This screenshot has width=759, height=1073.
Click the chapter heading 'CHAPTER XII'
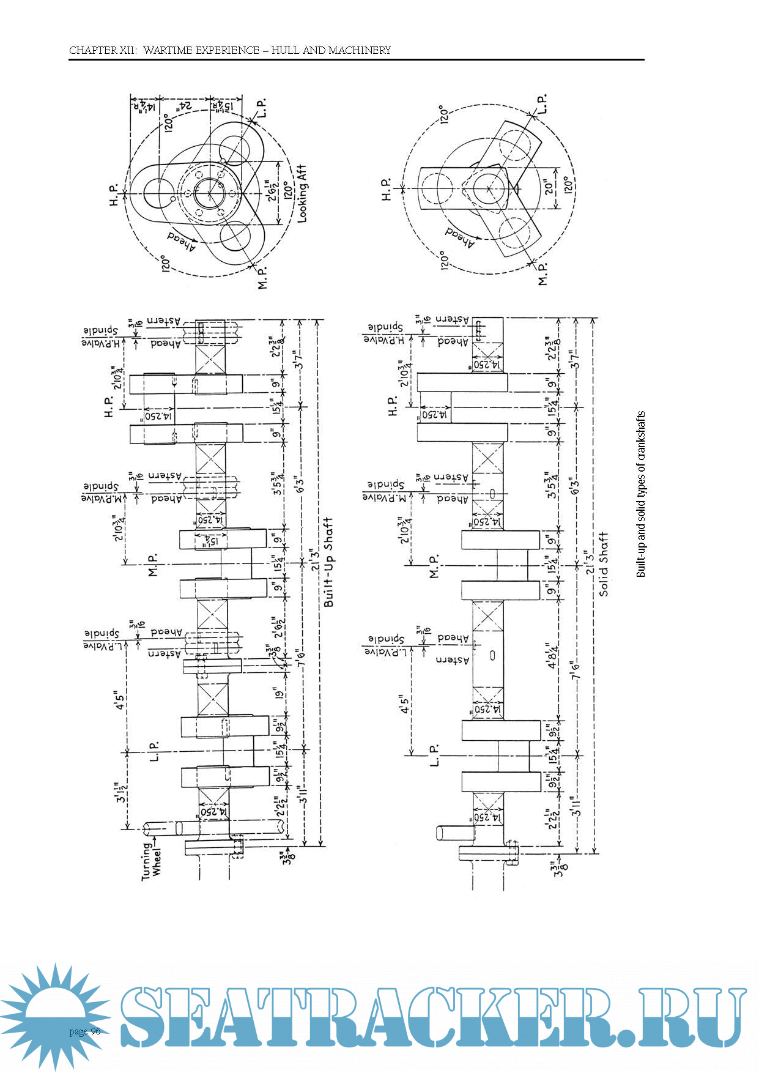point(103,50)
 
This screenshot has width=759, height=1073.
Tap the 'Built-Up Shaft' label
point(328,562)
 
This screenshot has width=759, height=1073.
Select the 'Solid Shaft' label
point(604,563)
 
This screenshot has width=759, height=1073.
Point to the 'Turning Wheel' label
point(152,861)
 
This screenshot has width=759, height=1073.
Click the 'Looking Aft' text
point(302,193)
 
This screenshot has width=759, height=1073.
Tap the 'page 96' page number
point(85,1031)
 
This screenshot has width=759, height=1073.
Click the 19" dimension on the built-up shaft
point(280,694)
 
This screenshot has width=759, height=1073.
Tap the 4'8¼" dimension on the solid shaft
point(553,655)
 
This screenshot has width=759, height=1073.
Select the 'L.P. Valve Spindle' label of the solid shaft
point(385,646)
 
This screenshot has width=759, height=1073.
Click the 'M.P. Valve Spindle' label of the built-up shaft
point(101,492)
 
